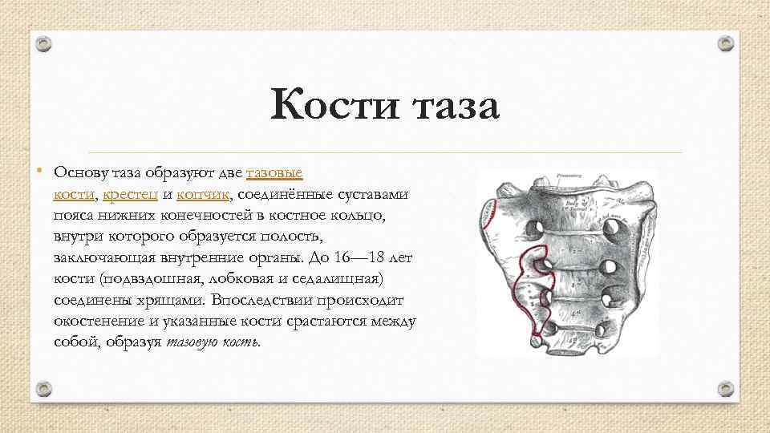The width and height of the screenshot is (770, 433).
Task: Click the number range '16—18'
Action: (x=351, y=258)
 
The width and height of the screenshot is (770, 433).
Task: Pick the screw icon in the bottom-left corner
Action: (x=45, y=389)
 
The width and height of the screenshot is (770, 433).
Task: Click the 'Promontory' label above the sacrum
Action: (x=569, y=175)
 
